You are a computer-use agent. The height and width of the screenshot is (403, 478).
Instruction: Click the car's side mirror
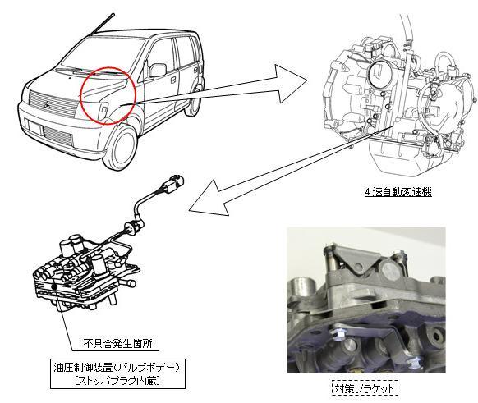157,71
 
